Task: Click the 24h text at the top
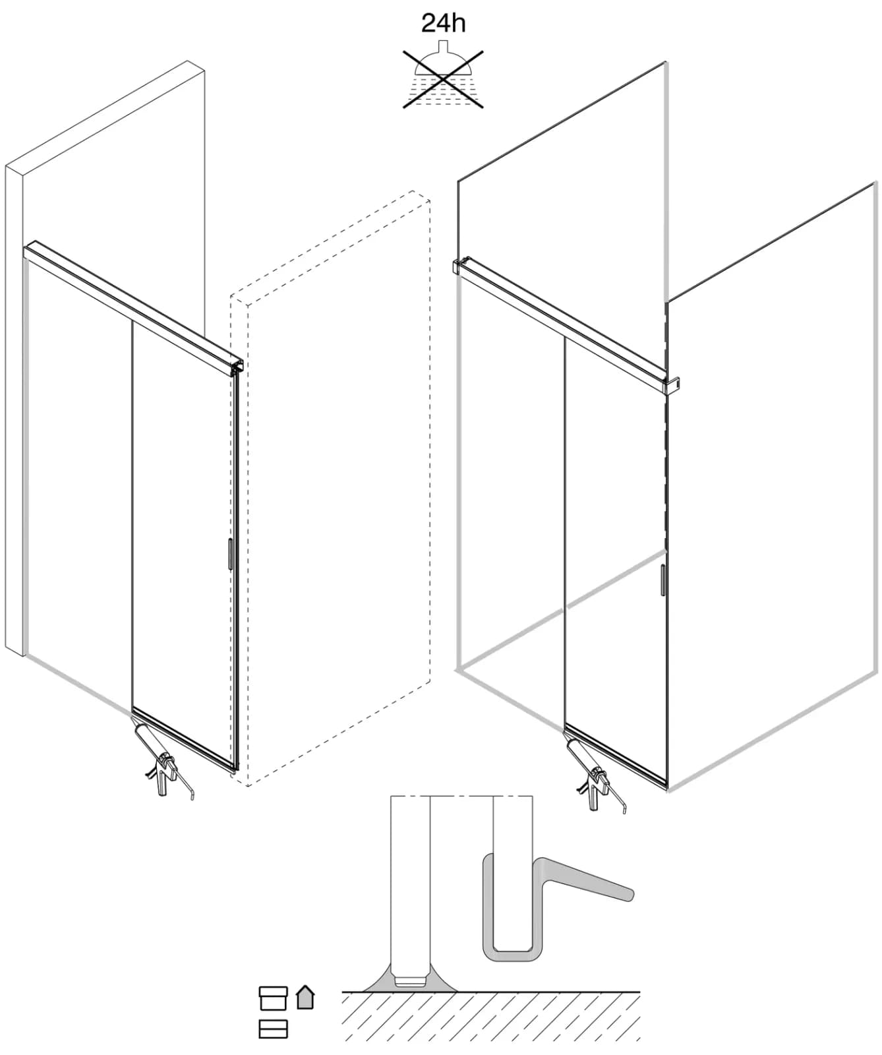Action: pyautogui.click(x=443, y=23)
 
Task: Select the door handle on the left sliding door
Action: pyautogui.click(x=229, y=554)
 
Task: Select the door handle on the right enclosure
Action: pyautogui.click(x=662, y=580)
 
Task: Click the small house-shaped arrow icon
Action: pyautogui.click(x=305, y=997)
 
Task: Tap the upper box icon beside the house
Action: pyautogui.click(x=273, y=998)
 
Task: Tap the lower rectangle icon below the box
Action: pyautogui.click(x=273, y=1029)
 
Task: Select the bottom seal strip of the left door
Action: pyautogui.click(x=184, y=739)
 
